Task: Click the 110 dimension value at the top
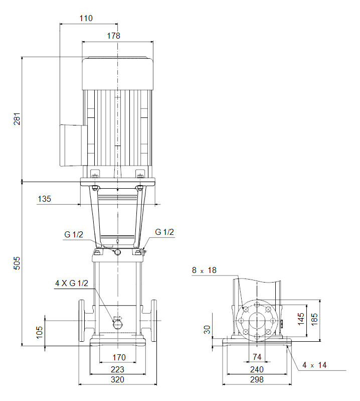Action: click(x=86, y=19)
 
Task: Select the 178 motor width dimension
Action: click(x=113, y=36)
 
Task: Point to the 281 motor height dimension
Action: click(x=17, y=118)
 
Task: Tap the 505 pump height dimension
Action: click(x=17, y=263)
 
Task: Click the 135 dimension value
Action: click(x=44, y=199)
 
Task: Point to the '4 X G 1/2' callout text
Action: click(x=72, y=284)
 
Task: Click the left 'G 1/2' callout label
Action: click(x=74, y=234)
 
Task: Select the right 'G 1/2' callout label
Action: click(x=164, y=232)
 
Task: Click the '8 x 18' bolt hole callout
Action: click(x=204, y=271)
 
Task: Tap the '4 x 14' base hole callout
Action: click(x=314, y=365)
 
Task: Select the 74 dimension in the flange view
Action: click(x=257, y=357)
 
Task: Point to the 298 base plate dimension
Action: click(x=257, y=380)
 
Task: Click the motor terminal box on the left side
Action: click(x=72, y=145)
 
